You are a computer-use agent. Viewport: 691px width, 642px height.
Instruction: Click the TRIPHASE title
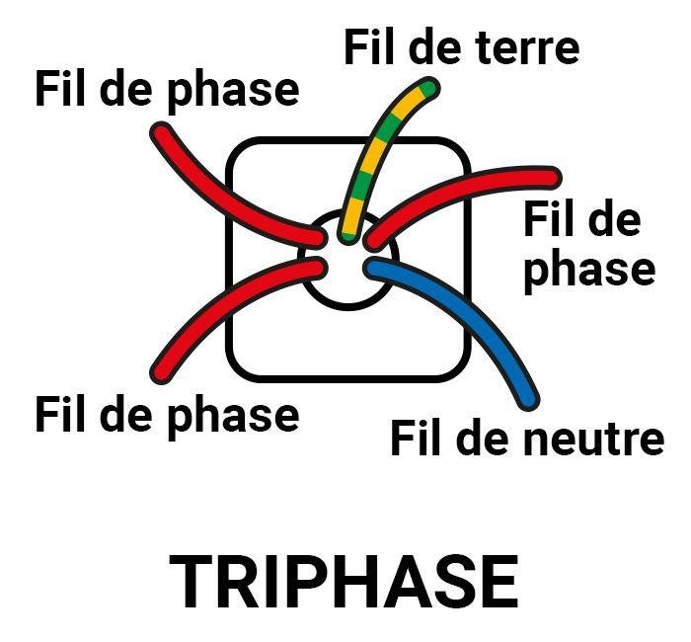(344, 581)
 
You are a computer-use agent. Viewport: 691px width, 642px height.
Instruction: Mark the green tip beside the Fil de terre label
(428, 87)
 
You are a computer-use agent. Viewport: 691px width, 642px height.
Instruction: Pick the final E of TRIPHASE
(500, 581)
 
